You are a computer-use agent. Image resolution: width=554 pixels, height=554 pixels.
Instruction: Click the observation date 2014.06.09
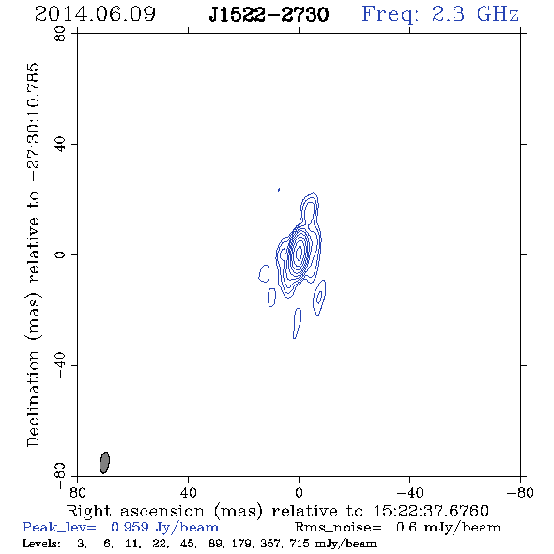point(95,14)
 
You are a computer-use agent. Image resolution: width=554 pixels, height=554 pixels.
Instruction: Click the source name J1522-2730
point(269,14)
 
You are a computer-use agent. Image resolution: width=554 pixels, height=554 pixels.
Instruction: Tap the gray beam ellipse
point(104,463)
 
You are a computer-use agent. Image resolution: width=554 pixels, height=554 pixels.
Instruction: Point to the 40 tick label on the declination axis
point(60,145)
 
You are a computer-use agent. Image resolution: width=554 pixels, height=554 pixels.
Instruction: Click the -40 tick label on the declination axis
point(60,365)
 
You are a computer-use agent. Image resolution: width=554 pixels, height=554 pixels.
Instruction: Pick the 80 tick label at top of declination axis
point(60,34)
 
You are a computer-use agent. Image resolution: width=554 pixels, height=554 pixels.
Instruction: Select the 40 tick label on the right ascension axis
point(189,492)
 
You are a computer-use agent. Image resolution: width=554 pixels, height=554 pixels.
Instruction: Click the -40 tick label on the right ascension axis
point(409,492)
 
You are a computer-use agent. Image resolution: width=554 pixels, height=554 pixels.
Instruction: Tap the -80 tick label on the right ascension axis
point(520,492)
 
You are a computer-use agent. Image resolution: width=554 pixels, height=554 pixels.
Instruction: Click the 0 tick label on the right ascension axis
point(299,492)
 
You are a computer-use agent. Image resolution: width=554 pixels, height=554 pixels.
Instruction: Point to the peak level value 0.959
point(130,527)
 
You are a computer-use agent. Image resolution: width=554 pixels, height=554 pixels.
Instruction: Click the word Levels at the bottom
point(41,543)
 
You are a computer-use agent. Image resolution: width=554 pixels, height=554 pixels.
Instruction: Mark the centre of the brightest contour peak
point(299,253)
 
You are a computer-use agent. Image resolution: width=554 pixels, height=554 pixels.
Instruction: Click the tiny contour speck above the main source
point(279,190)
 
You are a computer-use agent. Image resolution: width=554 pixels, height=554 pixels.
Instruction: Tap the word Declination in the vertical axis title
point(33,398)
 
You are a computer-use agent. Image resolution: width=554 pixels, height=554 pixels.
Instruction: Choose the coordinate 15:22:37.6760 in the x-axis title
point(431,511)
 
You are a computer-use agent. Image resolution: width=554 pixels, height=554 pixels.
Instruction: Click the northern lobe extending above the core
point(310,210)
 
